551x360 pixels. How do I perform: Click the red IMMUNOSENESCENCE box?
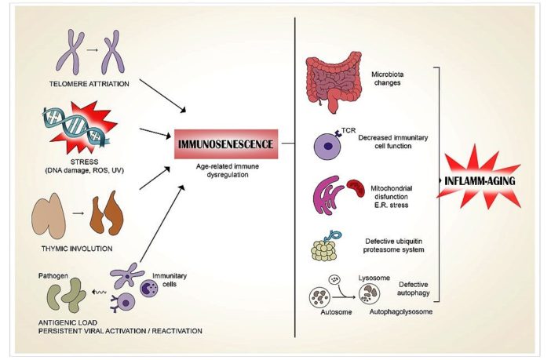point(226,144)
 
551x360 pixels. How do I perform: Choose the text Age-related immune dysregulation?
point(227,175)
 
